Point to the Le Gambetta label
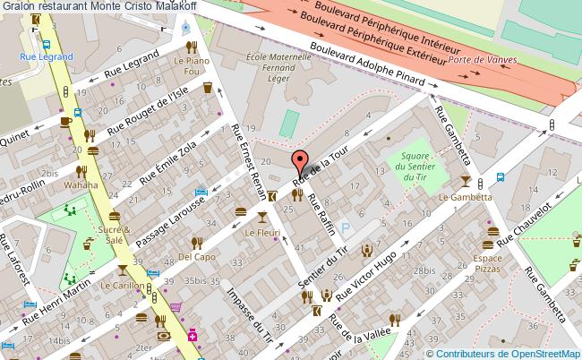point(465,196)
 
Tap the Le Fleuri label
point(262,233)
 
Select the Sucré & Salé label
point(114,236)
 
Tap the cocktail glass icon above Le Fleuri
point(261,217)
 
